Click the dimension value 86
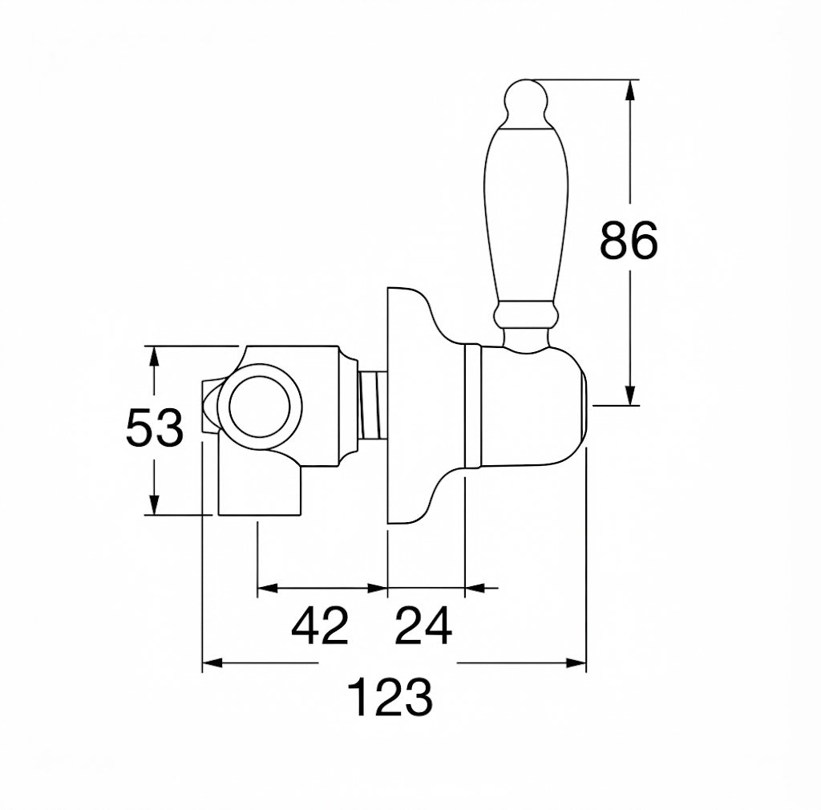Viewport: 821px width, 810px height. [629, 241]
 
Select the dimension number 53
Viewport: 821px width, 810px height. [155, 427]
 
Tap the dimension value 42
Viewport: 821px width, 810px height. [320, 626]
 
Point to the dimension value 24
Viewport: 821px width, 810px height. [423, 626]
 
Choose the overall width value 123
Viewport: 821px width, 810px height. [390, 697]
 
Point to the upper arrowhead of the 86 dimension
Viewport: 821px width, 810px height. [630, 90]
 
